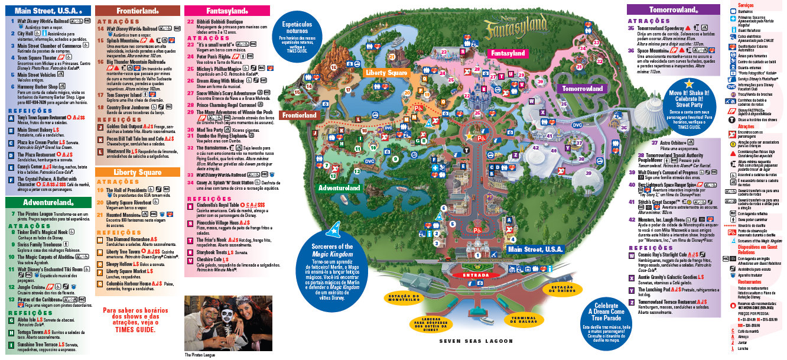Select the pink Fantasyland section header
pyautogui.click(x=227, y=10)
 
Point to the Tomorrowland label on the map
pyautogui.click(x=582, y=89)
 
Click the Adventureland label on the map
pyautogui.click(x=339, y=188)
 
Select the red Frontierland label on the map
pyautogui.click(x=300, y=115)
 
